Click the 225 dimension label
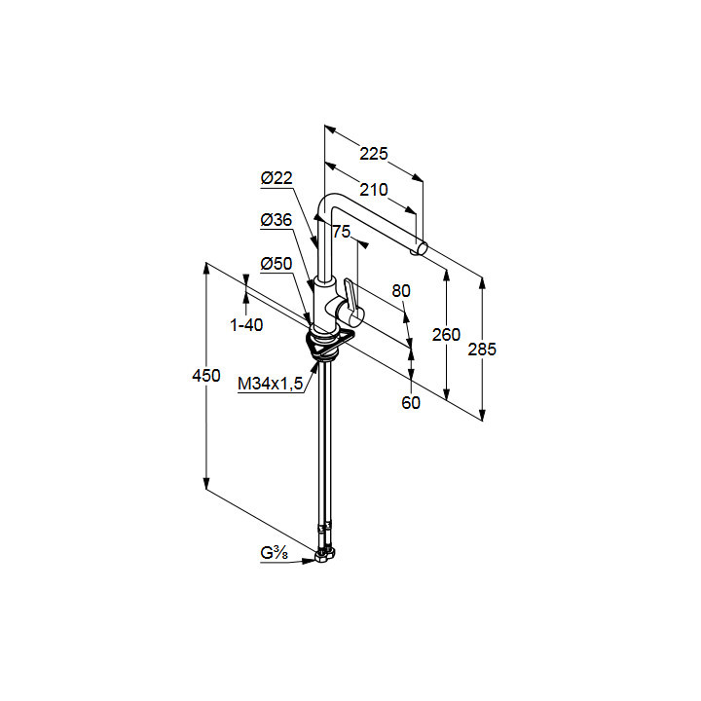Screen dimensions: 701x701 [374, 153]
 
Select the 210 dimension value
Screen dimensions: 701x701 [373, 189]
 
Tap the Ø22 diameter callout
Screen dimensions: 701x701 [277, 178]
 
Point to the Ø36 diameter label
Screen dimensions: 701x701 [277, 221]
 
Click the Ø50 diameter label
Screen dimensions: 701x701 [277, 264]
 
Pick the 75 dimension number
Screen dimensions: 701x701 [341, 232]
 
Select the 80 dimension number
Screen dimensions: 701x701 [402, 290]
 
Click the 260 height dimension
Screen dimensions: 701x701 [446, 334]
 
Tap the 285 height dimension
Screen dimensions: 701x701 [482, 349]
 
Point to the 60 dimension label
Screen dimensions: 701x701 [411, 402]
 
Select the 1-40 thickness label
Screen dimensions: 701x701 [246, 325]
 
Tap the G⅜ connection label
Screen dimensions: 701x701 [273, 554]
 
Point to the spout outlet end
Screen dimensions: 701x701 [421, 250]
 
